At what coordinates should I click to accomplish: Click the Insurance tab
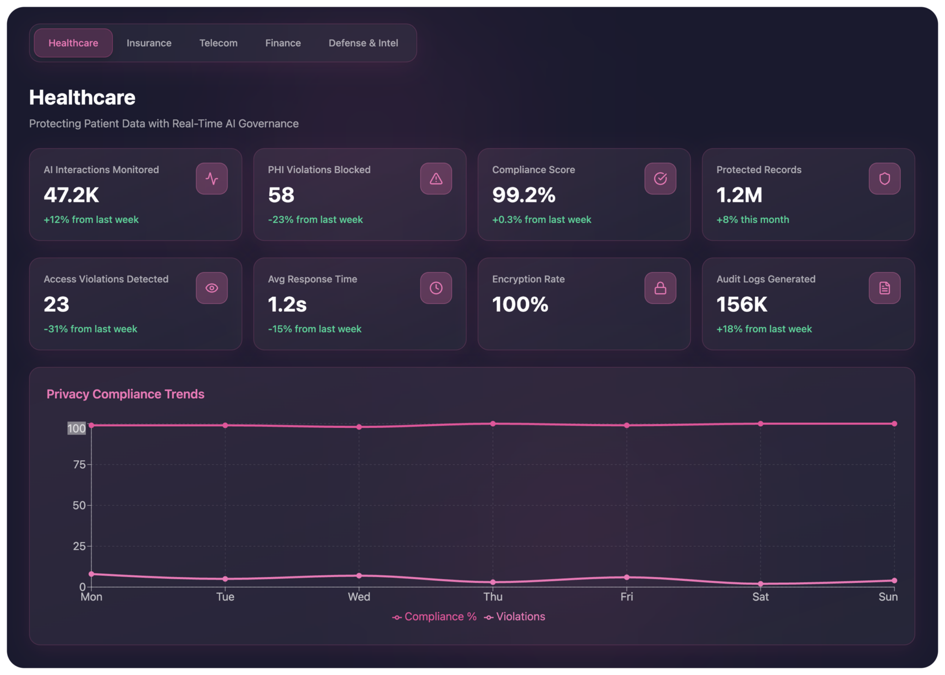[x=149, y=43]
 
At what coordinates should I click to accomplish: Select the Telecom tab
[x=218, y=43]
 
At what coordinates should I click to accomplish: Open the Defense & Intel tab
[x=363, y=43]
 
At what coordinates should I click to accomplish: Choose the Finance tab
[x=283, y=43]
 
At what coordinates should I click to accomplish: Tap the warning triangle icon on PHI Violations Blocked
[x=436, y=179]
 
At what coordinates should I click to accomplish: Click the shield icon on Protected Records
[x=885, y=179]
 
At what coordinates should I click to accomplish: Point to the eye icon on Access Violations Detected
[x=212, y=288]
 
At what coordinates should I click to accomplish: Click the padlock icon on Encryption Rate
[x=660, y=288]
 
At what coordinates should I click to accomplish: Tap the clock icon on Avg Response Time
[x=436, y=288]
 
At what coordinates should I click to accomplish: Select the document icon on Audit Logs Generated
[x=885, y=288]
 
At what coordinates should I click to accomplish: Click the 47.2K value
[x=72, y=195]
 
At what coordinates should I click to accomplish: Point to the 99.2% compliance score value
[x=524, y=195]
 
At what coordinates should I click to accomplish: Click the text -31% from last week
[x=90, y=329]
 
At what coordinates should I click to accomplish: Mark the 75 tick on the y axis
[x=79, y=465]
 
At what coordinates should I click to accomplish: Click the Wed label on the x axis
[x=359, y=597]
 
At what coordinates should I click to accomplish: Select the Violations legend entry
[x=514, y=617]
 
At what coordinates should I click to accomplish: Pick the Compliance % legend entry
[x=434, y=617]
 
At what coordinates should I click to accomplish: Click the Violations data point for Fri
[x=627, y=577]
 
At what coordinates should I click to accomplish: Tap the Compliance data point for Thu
[x=493, y=424]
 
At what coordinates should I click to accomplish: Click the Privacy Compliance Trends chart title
[x=126, y=394]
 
